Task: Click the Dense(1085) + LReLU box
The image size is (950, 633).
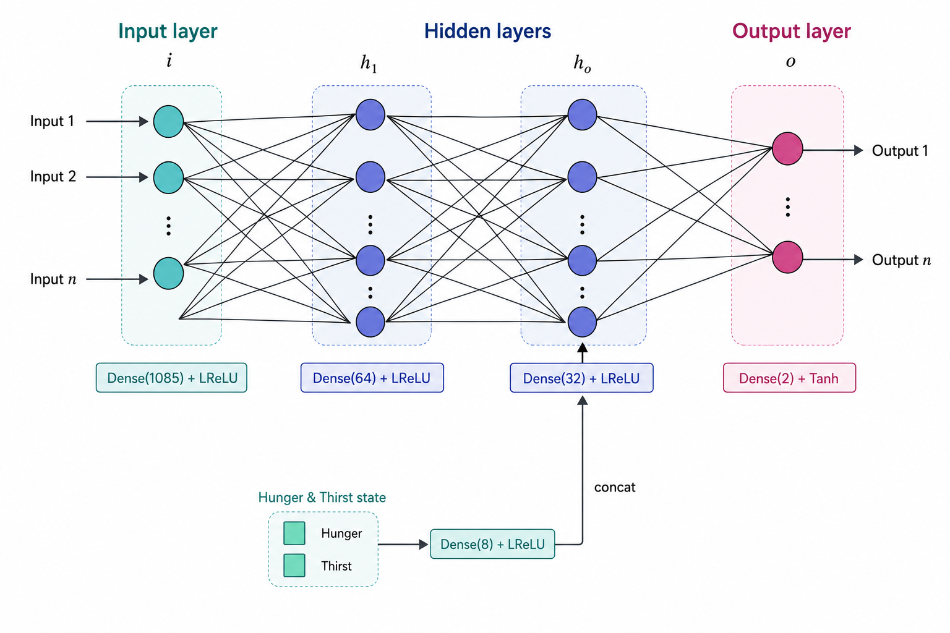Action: click(x=171, y=378)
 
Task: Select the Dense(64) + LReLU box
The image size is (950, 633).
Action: click(x=372, y=378)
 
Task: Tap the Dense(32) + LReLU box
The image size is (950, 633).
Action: click(x=581, y=378)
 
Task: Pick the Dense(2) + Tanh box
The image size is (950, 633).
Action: click(x=789, y=378)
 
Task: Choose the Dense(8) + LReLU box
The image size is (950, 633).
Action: click(x=492, y=544)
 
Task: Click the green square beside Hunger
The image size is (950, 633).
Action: click(x=294, y=533)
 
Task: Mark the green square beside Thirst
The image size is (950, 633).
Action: click(x=294, y=565)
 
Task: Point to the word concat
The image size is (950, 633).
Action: click(x=615, y=487)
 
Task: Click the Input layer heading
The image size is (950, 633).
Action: click(x=168, y=31)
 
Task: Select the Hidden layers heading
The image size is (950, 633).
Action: click(x=488, y=31)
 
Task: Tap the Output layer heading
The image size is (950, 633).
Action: click(x=792, y=31)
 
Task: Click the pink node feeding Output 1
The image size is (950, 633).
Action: click(x=787, y=148)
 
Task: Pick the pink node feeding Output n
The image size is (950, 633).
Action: click(x=787, y=257)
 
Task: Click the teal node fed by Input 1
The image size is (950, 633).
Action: click(x=168, y=121)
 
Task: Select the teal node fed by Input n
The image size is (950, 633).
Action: click(x=168, y=273)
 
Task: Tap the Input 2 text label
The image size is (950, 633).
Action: click(x=53, y=176)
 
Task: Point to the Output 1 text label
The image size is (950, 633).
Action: click(x=900, y=150)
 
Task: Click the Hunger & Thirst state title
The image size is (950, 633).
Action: click(x=322, y=498)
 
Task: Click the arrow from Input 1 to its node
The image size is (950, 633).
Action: click(x=117, y=121)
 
